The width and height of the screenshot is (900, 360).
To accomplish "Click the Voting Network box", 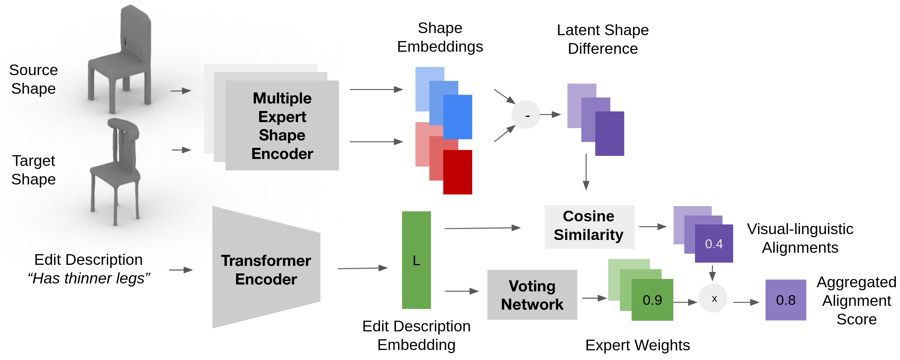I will point(532,294).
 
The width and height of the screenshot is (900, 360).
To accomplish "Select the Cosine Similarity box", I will point(590,227).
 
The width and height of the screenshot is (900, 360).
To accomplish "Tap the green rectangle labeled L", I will point(416,260).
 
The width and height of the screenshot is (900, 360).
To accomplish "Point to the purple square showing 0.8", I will point(785,300).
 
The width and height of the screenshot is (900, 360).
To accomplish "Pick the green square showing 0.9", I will point(652,300).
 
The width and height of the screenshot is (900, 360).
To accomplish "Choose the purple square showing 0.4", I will point(714,243).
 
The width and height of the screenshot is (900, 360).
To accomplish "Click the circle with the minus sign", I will point(526,114).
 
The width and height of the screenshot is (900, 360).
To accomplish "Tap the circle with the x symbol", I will point(713,298).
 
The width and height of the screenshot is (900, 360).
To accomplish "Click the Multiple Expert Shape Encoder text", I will point(282,126).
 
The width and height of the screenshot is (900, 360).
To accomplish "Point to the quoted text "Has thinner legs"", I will point(89,278).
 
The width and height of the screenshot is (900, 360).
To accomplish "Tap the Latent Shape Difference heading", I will point(603,39).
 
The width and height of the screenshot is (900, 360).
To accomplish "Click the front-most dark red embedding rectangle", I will point(457,172).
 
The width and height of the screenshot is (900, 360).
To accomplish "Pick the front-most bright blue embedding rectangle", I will point(457,117).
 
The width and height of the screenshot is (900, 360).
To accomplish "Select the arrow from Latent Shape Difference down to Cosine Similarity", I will point(586,171).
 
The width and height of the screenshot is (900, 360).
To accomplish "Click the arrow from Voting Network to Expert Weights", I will point(594,298).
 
